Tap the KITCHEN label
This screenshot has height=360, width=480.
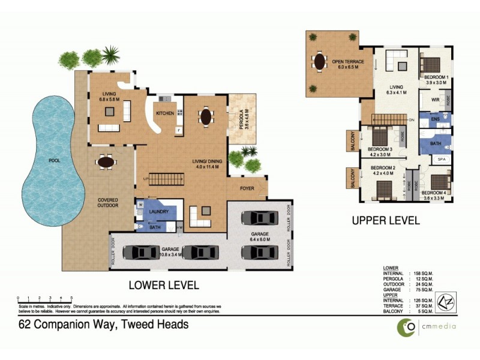165,113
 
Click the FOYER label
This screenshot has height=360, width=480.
248,187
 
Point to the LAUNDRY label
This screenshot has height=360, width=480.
158,211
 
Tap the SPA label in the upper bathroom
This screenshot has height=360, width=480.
441,159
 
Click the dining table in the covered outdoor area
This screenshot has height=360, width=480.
106,162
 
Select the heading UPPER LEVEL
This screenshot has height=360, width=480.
386,220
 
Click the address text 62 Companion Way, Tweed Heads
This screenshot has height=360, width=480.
104,325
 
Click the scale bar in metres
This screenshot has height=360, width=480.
45,298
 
